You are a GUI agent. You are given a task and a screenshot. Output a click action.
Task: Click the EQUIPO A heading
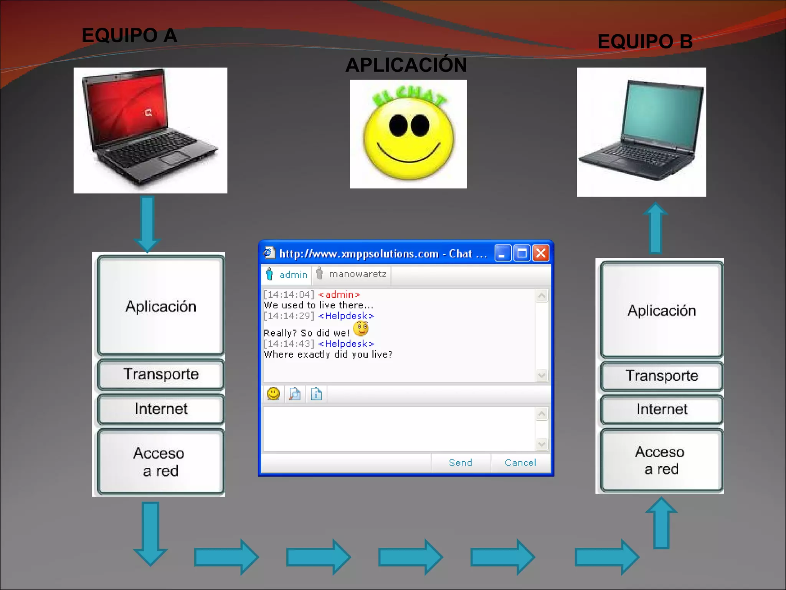(x=129, y=36)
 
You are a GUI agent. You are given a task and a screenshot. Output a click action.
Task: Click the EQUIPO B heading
(x=645, y=41)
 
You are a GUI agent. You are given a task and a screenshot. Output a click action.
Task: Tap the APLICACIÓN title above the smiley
(x=406, y=65)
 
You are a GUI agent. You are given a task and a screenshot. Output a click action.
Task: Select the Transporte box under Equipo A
(x=161, y=375)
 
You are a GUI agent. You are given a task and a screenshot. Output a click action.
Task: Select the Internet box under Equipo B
(x=662, y=409)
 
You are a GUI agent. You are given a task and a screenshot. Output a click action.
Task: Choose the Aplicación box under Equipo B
(x=662, y=310)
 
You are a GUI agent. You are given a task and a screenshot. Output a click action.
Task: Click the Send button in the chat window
(x=461, y=463)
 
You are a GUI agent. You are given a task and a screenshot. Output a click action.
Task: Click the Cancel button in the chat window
(x=520, y=463)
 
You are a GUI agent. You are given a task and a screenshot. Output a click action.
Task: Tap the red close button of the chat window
(x=541, y=254)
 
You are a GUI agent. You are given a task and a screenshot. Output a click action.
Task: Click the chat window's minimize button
(x=502, y=254)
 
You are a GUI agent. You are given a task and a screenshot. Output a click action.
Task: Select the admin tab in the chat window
(x=287, y=275)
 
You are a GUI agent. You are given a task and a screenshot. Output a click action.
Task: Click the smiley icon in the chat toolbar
(x=273, y=394)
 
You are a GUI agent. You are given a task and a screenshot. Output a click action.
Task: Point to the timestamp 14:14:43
(x=289, y=344)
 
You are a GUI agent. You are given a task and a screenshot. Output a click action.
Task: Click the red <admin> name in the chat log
(x=339, y=295)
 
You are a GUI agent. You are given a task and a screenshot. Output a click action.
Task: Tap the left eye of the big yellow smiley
(x=397, y=126)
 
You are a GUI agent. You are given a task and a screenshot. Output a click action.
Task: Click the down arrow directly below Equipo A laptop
(x=147, y=223)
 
